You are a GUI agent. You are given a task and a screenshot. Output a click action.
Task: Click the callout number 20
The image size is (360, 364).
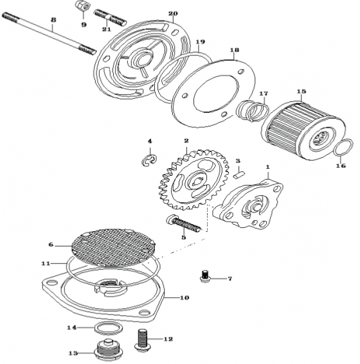[173, 13]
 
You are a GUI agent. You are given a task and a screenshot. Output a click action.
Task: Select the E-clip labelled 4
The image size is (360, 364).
[149, 160]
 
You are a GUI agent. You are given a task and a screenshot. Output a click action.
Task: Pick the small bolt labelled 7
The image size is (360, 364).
[204, 276]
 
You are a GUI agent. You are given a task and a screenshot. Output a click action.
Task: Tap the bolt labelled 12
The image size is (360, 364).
[143, 340]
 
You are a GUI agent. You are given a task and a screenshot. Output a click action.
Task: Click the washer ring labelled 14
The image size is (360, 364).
[108, 328]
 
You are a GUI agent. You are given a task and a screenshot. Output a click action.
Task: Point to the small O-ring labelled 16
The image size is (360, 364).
[343, 148]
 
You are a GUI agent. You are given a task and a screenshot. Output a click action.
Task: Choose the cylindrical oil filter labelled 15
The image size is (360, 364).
[303, 130]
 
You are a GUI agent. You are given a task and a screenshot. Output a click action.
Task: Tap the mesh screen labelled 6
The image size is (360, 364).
[113, 247]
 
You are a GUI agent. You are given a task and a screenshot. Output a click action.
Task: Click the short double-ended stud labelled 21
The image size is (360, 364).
[110, 18]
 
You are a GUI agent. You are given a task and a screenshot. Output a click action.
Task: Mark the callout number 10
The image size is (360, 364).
[184, 298]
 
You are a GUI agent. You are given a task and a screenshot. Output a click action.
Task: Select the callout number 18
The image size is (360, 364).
[234, 50]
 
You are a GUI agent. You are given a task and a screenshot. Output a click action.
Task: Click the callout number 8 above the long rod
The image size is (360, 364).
[53, 19]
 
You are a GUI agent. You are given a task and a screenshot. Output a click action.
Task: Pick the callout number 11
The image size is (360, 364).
[46, 263]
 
